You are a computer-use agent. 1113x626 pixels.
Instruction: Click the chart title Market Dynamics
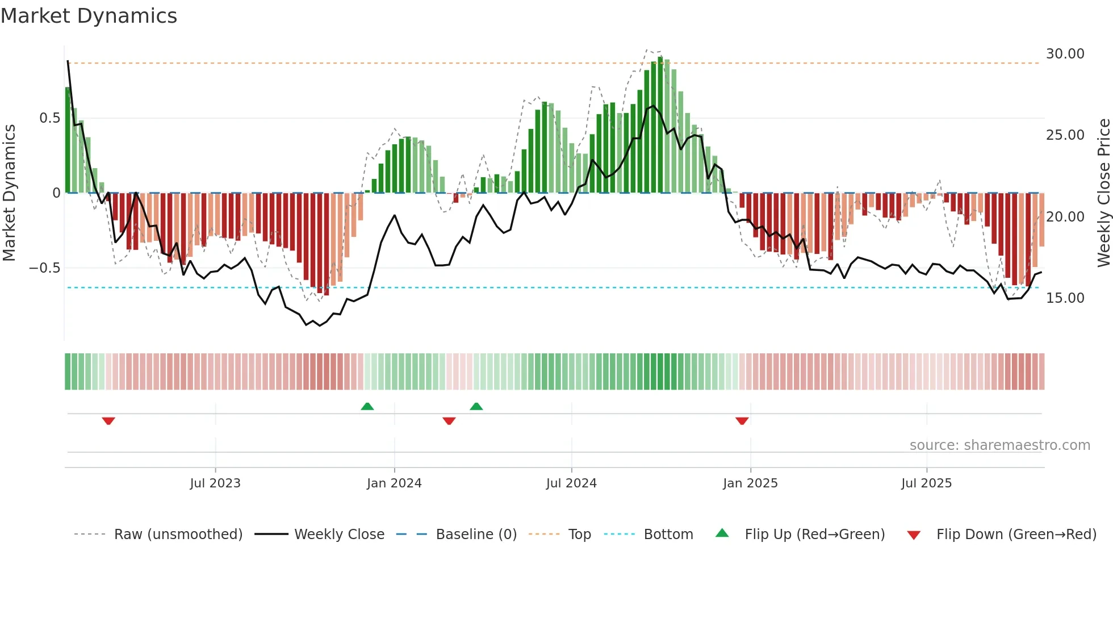(89, 16)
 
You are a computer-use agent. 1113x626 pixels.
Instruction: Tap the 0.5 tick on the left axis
(49, 118)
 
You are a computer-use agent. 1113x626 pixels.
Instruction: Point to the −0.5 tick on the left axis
(45, 268)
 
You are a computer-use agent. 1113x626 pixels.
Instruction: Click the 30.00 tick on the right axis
(1065, 54)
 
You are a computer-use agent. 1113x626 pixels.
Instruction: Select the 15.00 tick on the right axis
(1065, 298)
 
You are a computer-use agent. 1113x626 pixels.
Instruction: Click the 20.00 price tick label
(1065, 217)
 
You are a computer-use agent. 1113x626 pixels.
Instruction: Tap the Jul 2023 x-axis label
(215, 483)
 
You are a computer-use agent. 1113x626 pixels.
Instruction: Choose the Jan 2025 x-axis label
(750, 483)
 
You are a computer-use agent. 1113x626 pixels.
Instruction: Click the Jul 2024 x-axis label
(571, 483)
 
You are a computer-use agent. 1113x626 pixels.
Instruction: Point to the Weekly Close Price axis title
(1103, 193)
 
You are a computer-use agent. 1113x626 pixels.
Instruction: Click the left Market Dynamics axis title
(9, 193)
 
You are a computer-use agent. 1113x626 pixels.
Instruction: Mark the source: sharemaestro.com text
(999, 445)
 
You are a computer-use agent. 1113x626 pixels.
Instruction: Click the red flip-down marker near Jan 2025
(742, 421)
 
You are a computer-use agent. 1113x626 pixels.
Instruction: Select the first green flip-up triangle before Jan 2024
(367, 406)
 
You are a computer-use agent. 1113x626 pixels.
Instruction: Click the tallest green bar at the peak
(660, 125)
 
